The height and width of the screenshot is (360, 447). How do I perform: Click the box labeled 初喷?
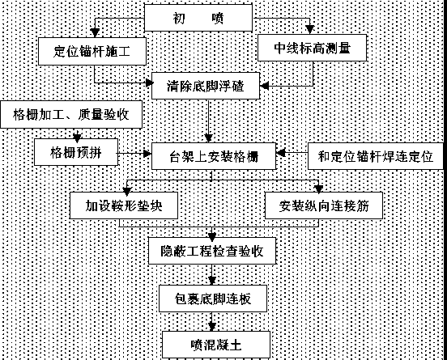point(198,18)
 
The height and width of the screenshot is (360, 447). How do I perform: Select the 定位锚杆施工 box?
point(92,51)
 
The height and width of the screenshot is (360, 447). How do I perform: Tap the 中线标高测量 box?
point(312,48)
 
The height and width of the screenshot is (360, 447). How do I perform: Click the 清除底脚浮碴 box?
point(206,86)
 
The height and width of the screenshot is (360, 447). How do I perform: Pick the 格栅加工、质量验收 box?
point(71,114)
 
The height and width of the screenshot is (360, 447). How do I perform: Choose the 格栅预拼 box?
point(76,152)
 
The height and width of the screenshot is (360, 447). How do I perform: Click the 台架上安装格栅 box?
point(214,156)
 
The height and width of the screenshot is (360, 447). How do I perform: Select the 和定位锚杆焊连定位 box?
point(376,156)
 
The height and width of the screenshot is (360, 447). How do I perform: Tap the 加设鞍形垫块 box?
point(124,205)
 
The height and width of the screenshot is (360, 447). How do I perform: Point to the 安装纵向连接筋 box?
point(324,205)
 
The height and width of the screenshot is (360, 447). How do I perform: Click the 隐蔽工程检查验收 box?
point(212,251)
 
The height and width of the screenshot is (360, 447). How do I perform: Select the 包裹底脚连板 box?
point(213,299)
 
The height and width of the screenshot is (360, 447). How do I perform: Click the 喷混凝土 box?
point(215,345)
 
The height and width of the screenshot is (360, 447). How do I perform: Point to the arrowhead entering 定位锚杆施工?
point(95,32)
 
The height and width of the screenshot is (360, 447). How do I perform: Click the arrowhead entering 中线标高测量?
point(310,29)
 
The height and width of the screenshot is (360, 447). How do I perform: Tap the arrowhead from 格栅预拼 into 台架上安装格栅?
point(147,154)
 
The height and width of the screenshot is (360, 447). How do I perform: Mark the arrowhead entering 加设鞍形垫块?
point(126,192)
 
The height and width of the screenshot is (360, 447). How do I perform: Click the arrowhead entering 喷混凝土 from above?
point(211,327)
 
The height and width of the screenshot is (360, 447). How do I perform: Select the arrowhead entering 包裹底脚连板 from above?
point(211,281)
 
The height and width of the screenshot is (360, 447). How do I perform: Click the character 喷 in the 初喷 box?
point(218,18)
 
